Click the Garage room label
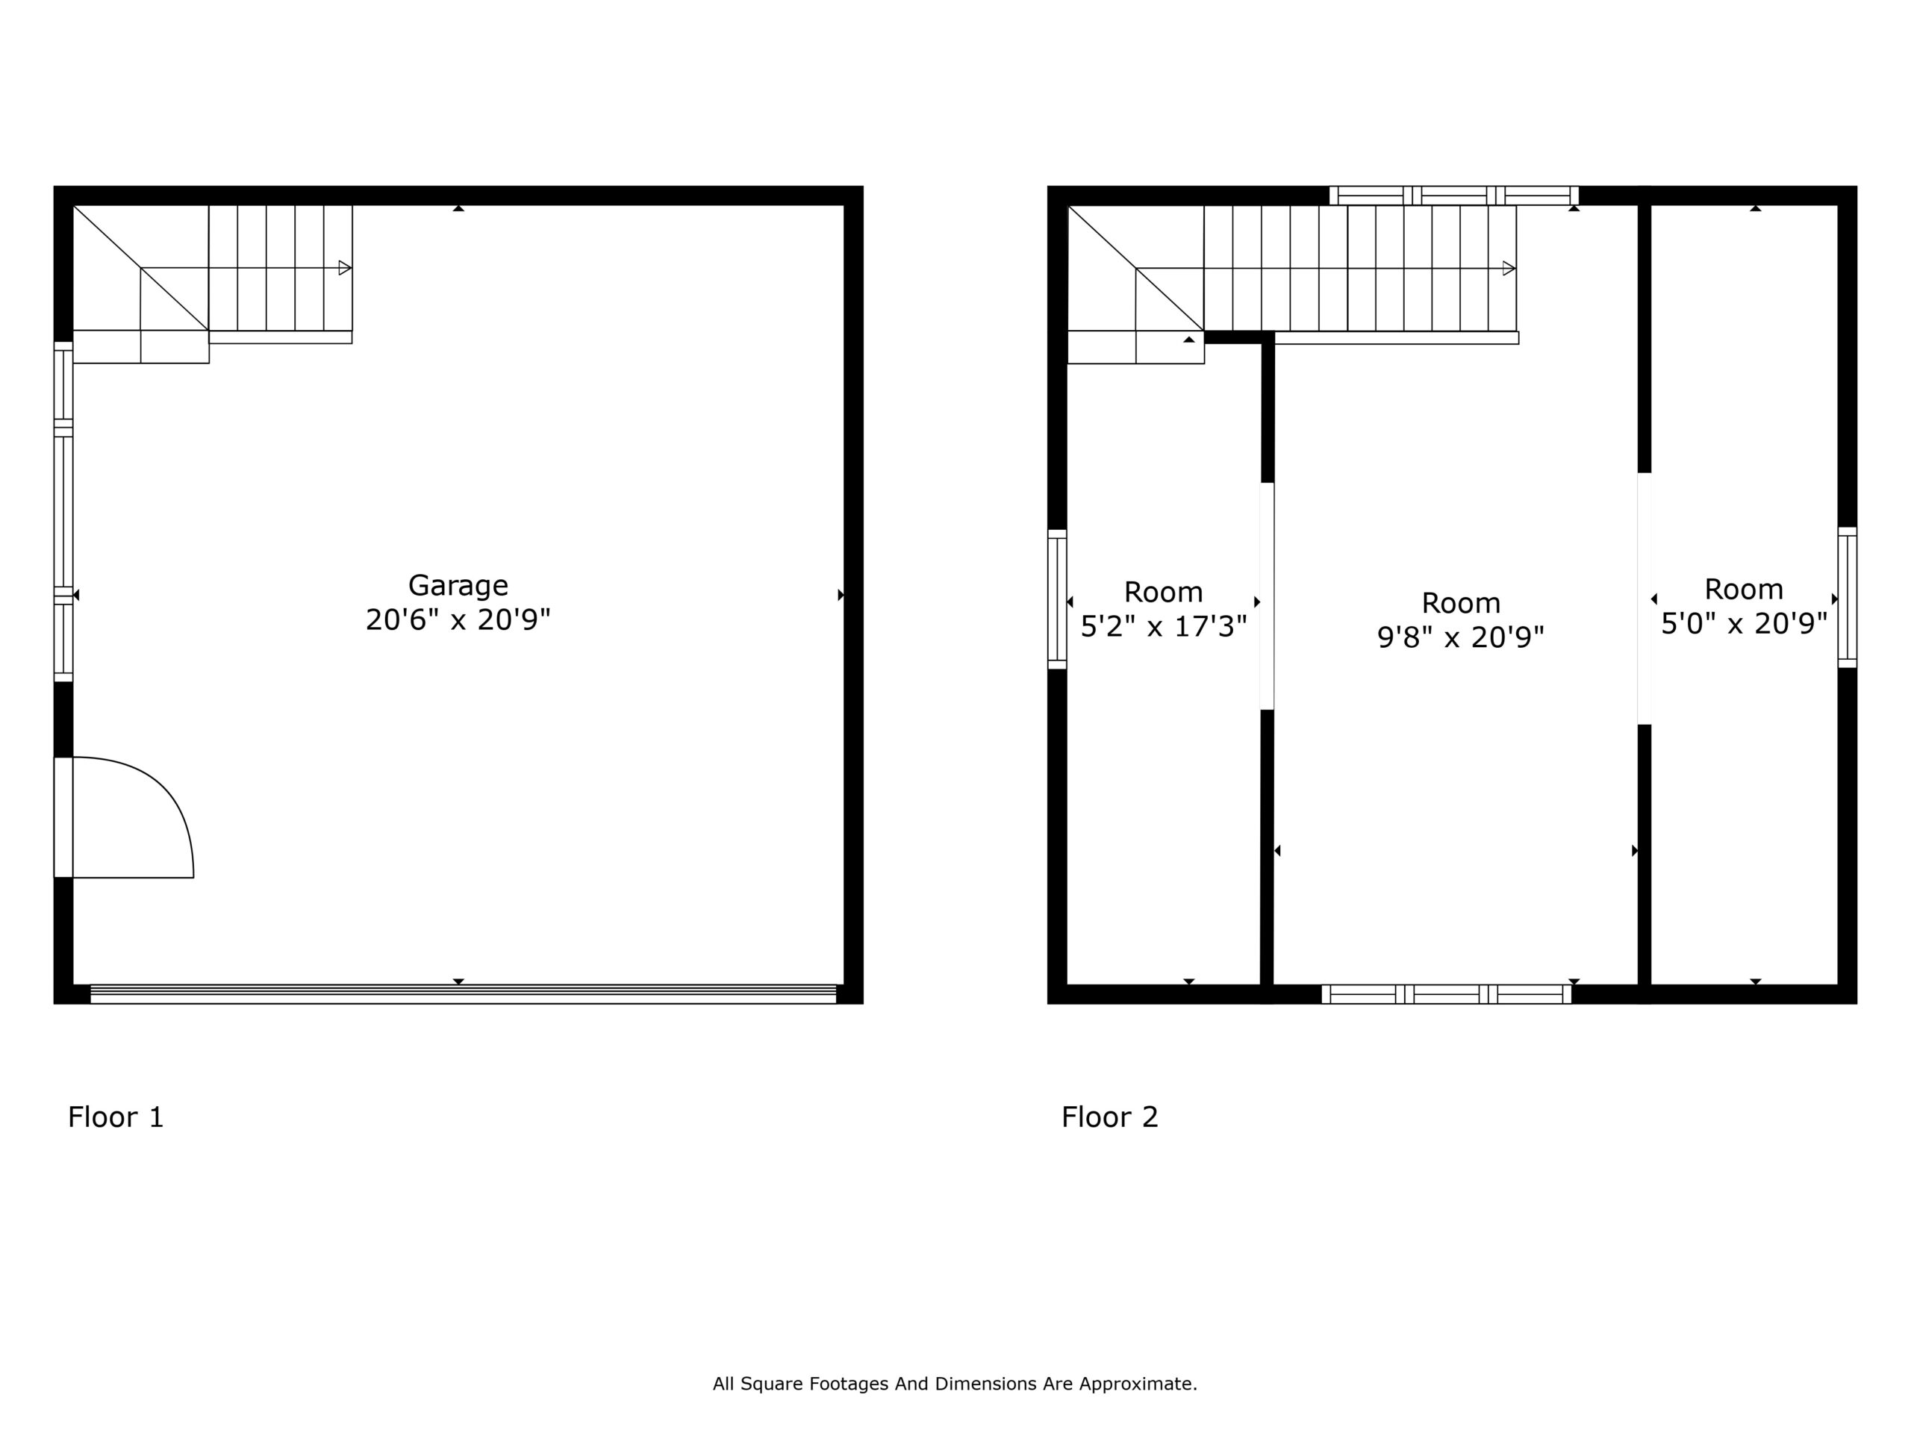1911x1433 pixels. tap(458, 587)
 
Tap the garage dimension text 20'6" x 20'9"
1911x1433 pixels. tap(458, 620)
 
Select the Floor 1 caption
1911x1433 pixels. tap(116, 1117)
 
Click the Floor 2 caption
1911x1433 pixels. tap(1109, 1117)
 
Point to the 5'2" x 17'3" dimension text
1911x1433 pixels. tap(1164, 626)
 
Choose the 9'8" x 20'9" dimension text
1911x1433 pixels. tap(1461, 637)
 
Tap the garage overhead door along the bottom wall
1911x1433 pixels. tap(463, 993)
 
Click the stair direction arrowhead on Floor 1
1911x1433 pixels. tap(345, 268)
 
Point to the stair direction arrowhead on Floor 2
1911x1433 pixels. tap(1509, 269)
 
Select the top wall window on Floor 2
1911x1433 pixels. tap(1454, 196)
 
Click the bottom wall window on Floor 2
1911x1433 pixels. tap(1446, 994)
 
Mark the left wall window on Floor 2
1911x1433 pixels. tap(1058, 599)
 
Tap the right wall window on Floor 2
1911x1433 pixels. tap(1847, 598)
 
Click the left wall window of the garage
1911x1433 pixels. tap(63, 511)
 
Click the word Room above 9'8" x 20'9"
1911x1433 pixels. tap(1461, 603)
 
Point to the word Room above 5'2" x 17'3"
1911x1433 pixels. tap(1164, 593)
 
